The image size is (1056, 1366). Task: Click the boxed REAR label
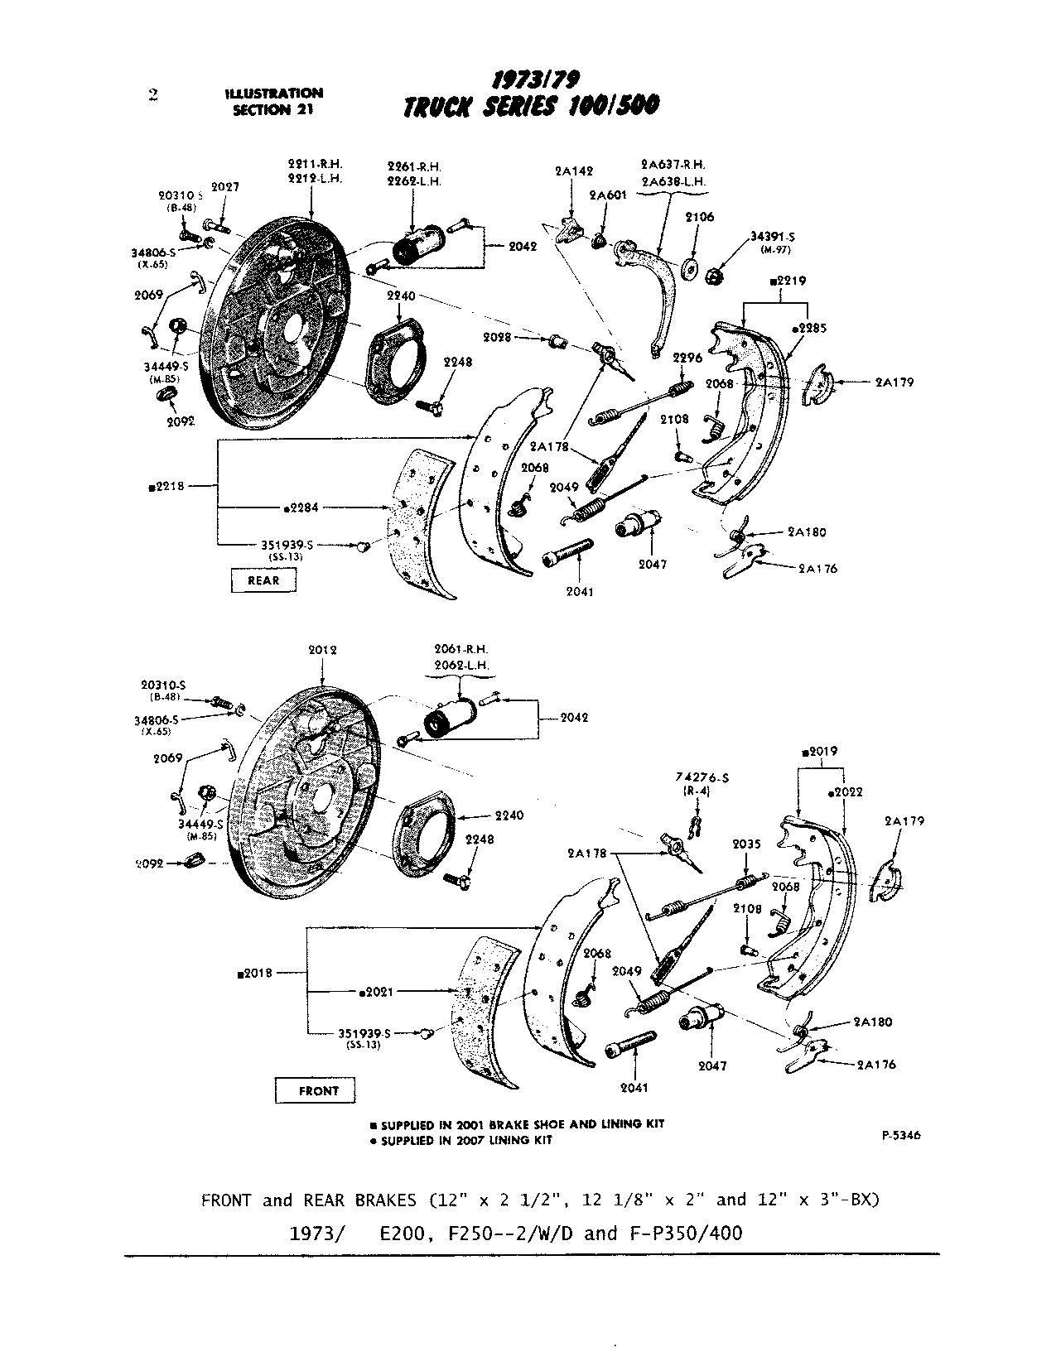click(x=263, y=580)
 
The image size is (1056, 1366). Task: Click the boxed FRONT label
click(x=318, y=1090)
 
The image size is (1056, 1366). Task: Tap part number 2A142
click(x=574, y=172)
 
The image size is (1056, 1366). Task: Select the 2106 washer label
click(x=699, y=217)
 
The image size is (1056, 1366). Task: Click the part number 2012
click(x=321, y=650)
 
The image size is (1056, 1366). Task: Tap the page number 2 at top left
click(x=153, y=94)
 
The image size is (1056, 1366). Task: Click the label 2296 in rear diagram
click(x=687, y=358)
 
